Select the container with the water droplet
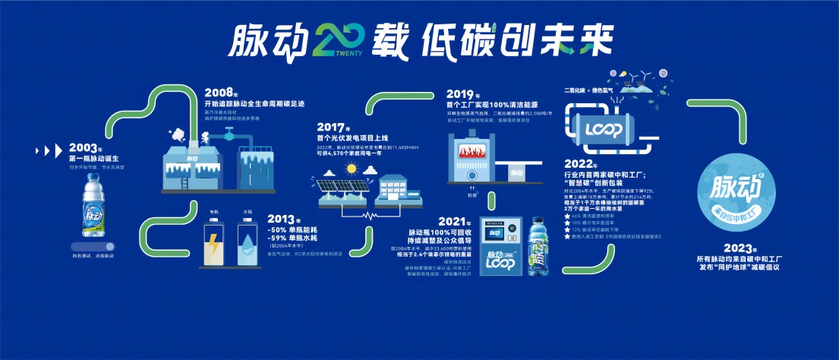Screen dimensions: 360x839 (x=248, y=245)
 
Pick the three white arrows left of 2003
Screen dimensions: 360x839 (x=49, y=149)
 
